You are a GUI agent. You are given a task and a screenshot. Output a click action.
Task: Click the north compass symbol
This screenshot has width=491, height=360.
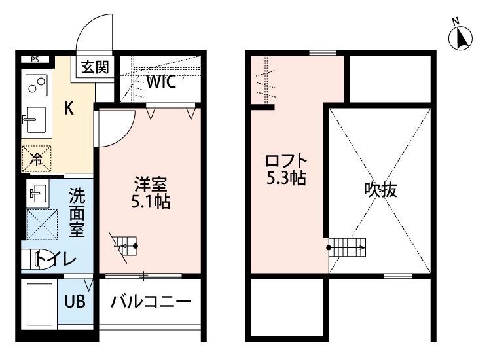click(462, 38)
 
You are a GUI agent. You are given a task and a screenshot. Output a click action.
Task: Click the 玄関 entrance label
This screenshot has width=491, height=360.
click(95, 67)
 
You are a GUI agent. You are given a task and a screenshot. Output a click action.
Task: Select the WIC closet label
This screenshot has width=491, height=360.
click(160, 82)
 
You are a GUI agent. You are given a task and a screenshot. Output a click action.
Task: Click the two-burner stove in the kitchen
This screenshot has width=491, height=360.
click(36, 85)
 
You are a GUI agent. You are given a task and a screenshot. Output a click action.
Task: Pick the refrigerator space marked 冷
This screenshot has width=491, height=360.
click(37, 158)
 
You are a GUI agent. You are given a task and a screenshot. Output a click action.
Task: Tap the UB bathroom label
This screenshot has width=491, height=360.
click(74, 302)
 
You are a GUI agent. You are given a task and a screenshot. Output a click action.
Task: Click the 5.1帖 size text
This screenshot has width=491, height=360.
click(150, 202)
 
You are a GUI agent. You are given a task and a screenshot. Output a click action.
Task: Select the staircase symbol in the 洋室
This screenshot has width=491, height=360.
click(124, 246)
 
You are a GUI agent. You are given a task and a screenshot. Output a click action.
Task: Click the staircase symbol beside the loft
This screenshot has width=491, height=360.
click(347, 247)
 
